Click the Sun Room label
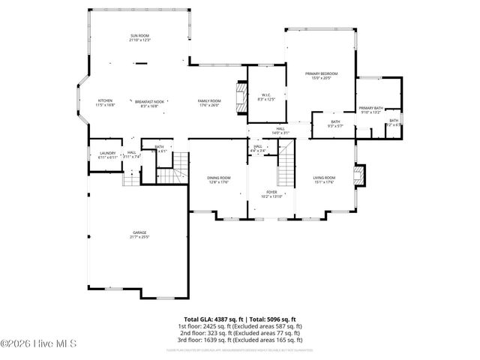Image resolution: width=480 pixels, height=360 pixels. (x=139, y=35)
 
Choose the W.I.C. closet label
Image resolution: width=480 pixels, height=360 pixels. (x=266, y=94)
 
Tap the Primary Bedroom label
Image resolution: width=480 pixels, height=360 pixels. (x=321, y=73)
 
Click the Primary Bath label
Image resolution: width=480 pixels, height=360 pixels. (x=370, y=109)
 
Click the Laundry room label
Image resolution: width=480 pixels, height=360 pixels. (x=107, y=153)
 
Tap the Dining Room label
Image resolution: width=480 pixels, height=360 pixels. (x=219, y=178)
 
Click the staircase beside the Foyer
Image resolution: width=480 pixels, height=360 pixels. (x=285, y=174)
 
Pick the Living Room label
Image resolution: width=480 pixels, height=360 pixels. (x=324, y=178)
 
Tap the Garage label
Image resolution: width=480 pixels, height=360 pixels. (x=140, y=232)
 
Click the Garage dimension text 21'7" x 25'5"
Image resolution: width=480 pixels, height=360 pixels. (x=140, y=237)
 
